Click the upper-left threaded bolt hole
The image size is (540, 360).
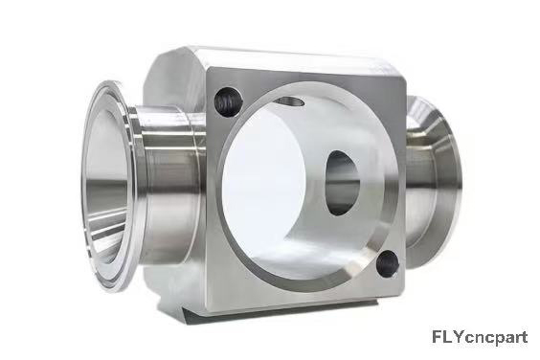226,102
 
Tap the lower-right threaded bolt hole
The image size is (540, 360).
388,263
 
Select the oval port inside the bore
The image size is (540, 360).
342,183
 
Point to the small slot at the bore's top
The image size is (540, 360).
290,101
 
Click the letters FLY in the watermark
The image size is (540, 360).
448,337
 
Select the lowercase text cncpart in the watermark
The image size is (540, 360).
496,338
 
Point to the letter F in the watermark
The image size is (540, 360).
437,337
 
